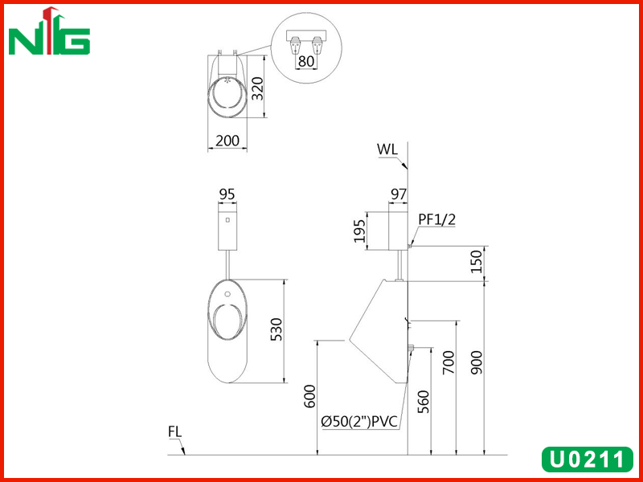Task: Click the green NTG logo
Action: pyautogui.click(x=49, y=31)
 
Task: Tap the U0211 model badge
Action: pyautogui.click(x=588, y=459)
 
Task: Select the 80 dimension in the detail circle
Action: pyautogui.click(x=306, y=61)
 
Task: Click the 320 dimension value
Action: pyautogui.click(x=257, y=88)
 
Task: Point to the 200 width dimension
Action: pyautogui.click(x=227, y=141)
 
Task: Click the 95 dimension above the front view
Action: pyautogui.click(x=227, y=194)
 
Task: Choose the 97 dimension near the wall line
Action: pyautogui.click(x=398, y=194)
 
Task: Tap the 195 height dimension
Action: pyautogui.click(x=359, y=231)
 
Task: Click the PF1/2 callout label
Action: pyautogui.click(x=436, y=219)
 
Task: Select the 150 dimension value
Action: pyautogui.click(x=476, y=262)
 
